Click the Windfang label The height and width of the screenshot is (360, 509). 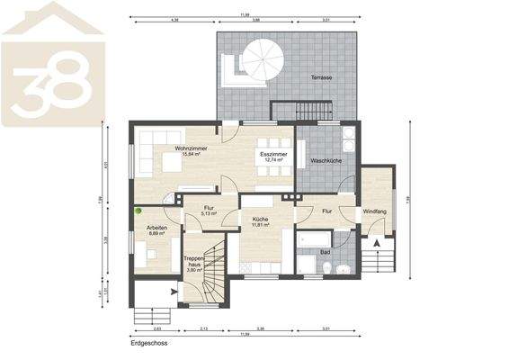(374, 212)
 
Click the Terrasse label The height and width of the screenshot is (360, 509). (322, 78)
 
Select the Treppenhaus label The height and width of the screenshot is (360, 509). (197, 262)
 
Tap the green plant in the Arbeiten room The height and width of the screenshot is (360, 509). (139, 211)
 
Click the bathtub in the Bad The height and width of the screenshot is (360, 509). (316, 239)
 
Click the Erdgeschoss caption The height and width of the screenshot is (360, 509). (149, 343)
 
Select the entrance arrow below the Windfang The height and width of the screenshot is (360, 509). (376, 241)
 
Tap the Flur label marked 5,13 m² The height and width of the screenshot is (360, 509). (207, 211)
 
